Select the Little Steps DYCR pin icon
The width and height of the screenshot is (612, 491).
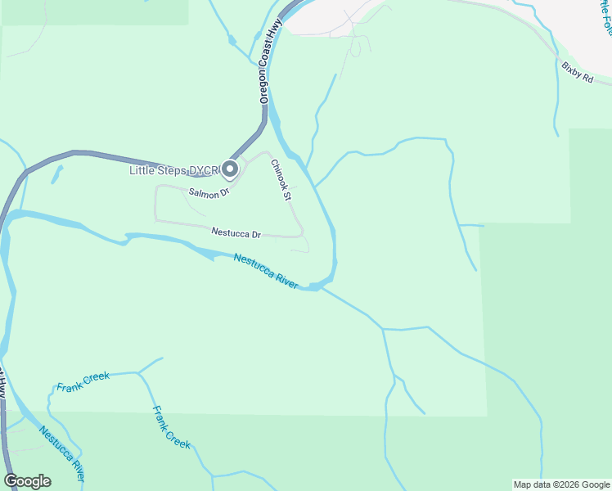point(230,169)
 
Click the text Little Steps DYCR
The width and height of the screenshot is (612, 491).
point(175,170)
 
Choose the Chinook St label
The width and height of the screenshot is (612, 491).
point(281,179)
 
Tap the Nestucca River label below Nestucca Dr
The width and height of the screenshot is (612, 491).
point(266,270)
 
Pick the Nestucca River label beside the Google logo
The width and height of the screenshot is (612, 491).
point(61,454)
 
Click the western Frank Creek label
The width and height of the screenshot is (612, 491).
point(83,381)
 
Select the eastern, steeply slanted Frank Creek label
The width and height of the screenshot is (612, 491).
point(172,427)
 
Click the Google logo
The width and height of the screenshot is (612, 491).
point(28,481)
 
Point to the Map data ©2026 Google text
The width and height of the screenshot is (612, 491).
point(561,484)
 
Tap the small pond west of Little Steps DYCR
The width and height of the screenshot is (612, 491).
point(56,174)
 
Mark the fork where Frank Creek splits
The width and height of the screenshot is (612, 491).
point(138,372)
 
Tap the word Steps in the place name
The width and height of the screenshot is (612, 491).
point(174,170)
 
